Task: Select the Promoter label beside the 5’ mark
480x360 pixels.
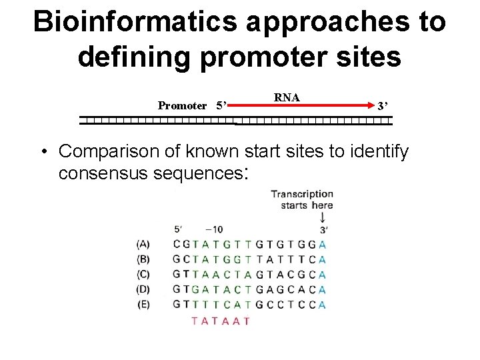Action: (x=182, y=105)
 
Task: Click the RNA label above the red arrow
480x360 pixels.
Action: (x=287, y=97)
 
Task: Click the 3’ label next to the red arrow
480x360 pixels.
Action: (x=383, y=105)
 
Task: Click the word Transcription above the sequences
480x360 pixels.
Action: (x=302, y=194)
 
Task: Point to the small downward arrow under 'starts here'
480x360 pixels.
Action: (x=323, y=217)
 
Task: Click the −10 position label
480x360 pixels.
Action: (x=215, y=230)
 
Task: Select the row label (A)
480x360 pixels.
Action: (x=143, y=244)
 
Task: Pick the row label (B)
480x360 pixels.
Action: (x=143, y=259)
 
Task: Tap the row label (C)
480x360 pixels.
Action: (x=143, y=274)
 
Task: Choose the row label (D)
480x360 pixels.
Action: (x=143, y=289)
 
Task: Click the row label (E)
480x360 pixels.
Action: (x=143, y=305)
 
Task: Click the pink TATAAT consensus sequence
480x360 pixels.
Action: (x=221, y=321)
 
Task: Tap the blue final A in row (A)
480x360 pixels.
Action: (x=323, y=244)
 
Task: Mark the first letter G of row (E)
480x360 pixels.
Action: (x=177, y=305)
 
